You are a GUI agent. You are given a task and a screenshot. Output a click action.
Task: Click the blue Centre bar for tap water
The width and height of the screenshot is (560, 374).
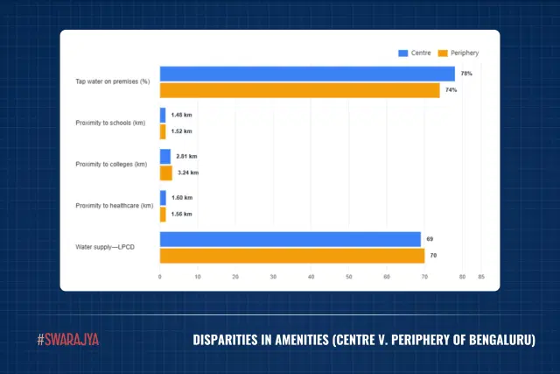click(307, 74)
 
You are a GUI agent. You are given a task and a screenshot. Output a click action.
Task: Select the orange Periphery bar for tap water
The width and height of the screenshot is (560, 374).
click(299, 90)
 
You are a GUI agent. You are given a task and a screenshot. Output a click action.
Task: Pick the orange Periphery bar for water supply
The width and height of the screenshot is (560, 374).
click(291, 256)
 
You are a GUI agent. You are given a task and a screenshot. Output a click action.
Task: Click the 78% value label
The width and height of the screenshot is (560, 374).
click(466, 74)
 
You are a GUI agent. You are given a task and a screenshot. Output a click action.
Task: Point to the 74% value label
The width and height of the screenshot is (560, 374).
click(451, 90)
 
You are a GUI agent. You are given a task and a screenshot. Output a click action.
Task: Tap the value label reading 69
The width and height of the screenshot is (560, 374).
click(430, 239)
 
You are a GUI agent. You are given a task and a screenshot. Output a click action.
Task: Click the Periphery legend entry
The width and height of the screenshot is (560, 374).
click(458, 53)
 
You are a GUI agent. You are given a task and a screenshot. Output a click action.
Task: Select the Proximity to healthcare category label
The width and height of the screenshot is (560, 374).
click(115, 206)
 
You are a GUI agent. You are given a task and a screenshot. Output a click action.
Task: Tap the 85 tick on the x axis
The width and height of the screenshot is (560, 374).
click(481, 277)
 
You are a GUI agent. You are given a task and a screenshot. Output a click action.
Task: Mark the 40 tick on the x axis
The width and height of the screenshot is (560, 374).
click(311, 277)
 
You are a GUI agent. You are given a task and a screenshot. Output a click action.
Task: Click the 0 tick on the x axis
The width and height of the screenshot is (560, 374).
click(159, 277)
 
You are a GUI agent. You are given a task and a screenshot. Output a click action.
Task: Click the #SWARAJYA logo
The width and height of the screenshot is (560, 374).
click(68, 339)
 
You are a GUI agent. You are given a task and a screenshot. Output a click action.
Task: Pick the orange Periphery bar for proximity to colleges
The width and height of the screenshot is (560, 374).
click(166, 173)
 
